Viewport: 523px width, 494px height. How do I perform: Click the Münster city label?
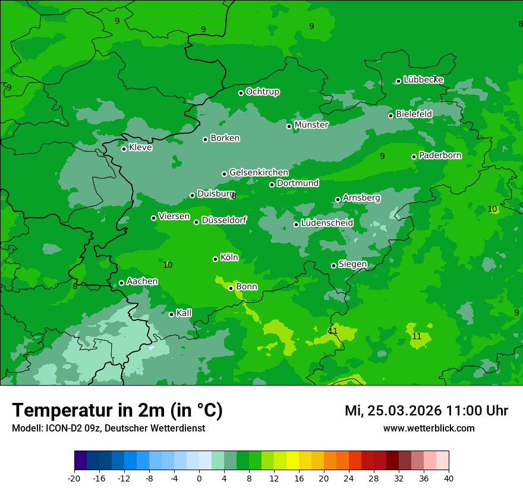tap(311, 125)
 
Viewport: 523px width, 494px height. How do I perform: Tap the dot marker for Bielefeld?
tap(390, 115)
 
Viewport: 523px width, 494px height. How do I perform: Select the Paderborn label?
tap(440, 156)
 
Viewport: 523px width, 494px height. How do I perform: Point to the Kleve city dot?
tap(124, 149)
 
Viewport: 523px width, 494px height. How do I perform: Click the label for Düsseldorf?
tap(223, 221)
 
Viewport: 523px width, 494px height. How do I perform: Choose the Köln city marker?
tap(215, 259)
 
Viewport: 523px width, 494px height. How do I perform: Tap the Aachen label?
tap(142, 282)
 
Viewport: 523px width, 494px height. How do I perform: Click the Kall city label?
tap(184, 313)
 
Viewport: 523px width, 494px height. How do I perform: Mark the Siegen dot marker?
tap(333, 265)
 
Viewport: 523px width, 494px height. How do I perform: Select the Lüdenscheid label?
tap(327, 223)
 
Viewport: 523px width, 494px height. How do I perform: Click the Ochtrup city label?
tap(262, 92)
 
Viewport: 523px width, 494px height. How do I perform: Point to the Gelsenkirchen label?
tap(259, 173)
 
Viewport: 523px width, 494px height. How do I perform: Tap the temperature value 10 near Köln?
tap(168, 265)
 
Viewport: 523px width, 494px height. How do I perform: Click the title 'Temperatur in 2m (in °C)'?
tap(117, 411)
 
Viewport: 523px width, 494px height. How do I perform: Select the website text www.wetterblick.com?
tap(429, 428)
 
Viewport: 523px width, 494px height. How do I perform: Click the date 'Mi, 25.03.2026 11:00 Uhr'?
tap(426, 411)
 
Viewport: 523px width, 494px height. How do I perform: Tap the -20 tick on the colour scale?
tap(74, 478)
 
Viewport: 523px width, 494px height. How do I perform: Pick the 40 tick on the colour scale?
tap(449, 478)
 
